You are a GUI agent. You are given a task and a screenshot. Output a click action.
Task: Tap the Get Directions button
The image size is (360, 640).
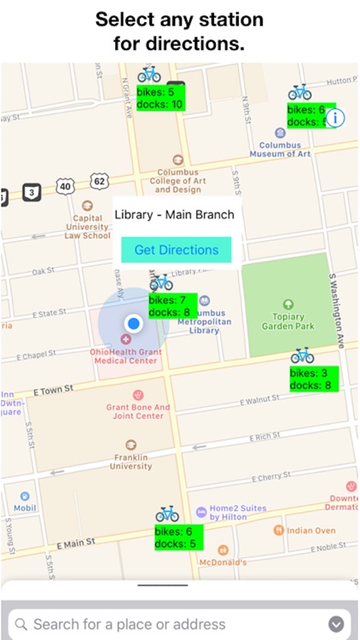[177, 250]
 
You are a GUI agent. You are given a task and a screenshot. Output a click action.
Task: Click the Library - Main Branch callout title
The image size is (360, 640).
[174, 214]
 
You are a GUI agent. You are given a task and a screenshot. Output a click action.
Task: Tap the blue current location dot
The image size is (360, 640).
[132, 323]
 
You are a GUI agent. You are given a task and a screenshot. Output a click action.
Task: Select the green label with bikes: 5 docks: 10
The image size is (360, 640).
[160, 97]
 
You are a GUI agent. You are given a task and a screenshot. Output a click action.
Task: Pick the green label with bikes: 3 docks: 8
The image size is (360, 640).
[313, 379]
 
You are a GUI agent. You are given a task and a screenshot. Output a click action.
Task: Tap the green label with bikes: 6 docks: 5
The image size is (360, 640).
[177, 537]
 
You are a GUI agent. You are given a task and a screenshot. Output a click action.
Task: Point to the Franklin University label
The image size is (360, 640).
[130, 461]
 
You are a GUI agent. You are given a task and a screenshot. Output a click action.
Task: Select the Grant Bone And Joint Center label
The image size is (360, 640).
[138, 411]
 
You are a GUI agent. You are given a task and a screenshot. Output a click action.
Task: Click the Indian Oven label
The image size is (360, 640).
[311, 531]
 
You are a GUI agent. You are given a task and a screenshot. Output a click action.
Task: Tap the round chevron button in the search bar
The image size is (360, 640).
[337, 624]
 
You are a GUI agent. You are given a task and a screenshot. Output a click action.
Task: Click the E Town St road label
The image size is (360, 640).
[53, 389]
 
